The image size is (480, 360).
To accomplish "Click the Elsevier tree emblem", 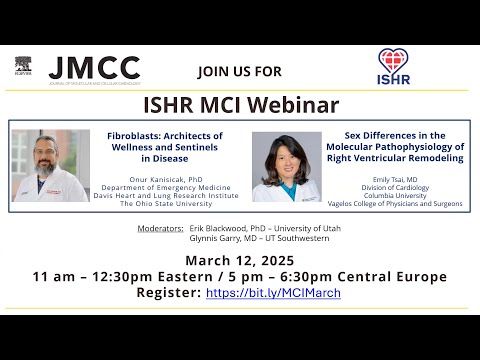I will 23,66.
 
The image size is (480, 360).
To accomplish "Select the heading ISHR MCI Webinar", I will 239,104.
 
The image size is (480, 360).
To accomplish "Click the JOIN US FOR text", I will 240,71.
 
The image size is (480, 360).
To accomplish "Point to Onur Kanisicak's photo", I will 50,165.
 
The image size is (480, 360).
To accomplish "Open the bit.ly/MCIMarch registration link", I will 273,293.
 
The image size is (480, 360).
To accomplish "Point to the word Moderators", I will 160,229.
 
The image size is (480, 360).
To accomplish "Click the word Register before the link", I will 167,293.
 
